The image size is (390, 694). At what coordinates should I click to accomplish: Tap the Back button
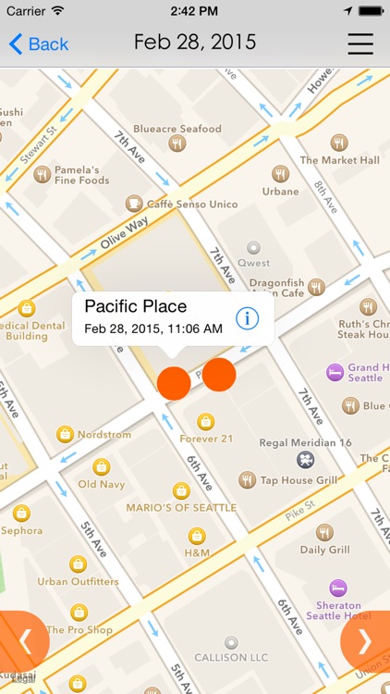pos(39,43)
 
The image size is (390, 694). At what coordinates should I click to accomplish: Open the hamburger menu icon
pos(360,43)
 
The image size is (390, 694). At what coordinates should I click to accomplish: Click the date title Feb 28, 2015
pos(195,43)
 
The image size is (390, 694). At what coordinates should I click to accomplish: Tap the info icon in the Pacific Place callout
pos(247,318)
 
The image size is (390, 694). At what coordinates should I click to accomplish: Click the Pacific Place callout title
pos(135,306)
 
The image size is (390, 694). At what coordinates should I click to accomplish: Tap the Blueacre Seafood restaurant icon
pos(177,143)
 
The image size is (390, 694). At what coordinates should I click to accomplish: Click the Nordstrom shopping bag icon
pos(65,433)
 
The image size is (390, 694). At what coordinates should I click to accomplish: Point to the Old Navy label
pos(101,484)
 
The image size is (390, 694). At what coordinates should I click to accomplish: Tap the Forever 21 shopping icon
pos(206,421)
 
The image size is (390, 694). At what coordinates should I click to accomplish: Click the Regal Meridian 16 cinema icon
pos(305,459)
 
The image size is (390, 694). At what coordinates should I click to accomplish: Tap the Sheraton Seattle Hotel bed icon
pos(338,587)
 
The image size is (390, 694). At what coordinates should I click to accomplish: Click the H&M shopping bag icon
pos(197,536)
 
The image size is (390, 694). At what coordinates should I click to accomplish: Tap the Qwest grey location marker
pos(253,248)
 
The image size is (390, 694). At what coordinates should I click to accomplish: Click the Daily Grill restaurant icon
pos(324,532)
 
